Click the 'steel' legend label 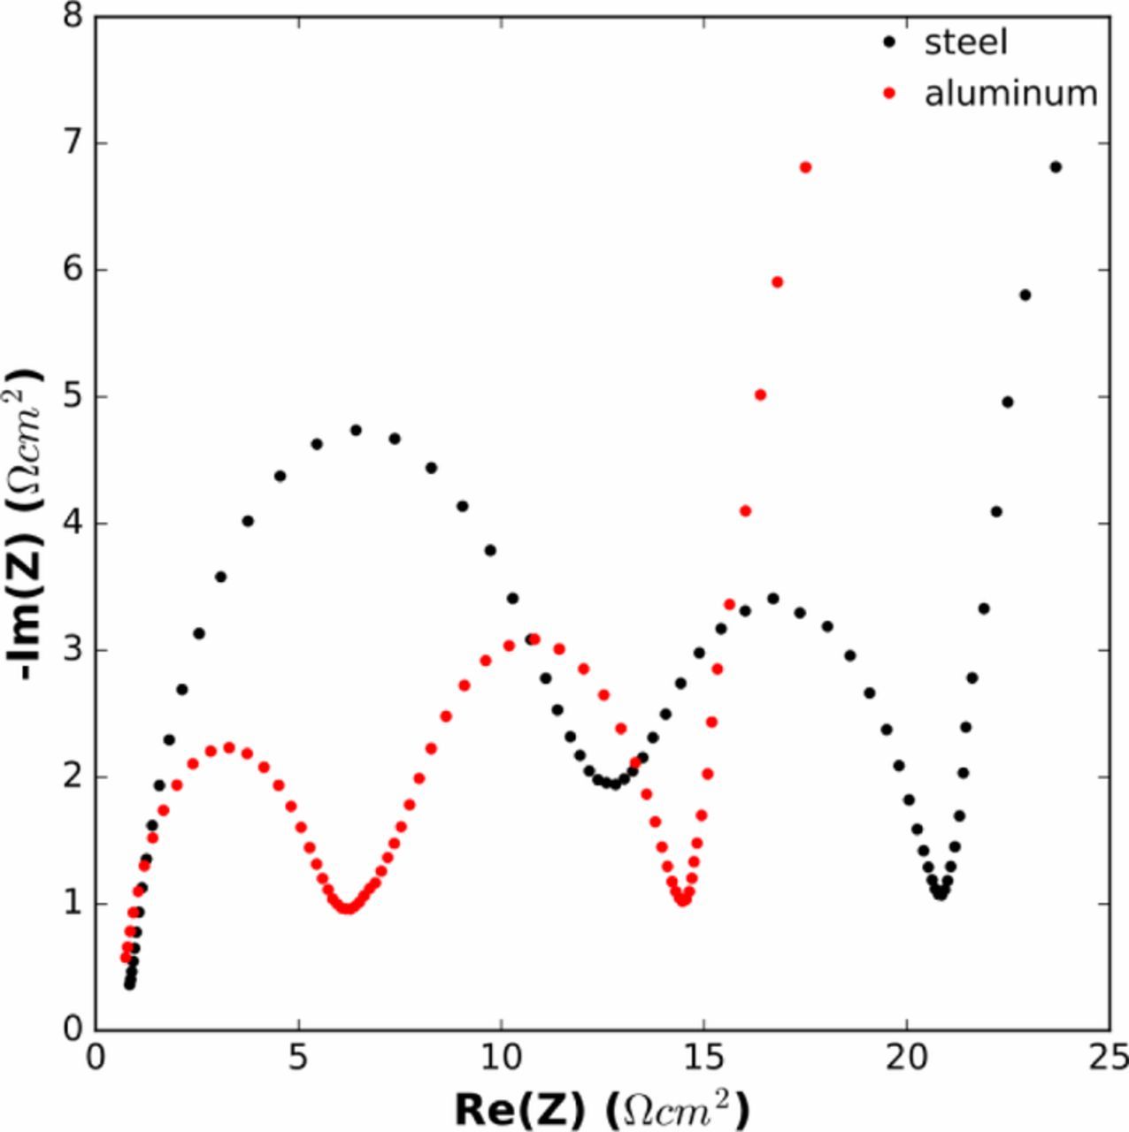(965, 42)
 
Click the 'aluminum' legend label (1010, 93)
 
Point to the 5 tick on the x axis (299, 1056)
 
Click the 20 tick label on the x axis (906, 1056)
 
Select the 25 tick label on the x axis (1108, 1056)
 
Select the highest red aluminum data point (805, 167)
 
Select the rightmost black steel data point (1056, 167)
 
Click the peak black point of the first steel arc (357, 431)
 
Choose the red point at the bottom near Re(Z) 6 (348, 908)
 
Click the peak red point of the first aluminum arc (229, 747)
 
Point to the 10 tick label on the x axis (501, 1056)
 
